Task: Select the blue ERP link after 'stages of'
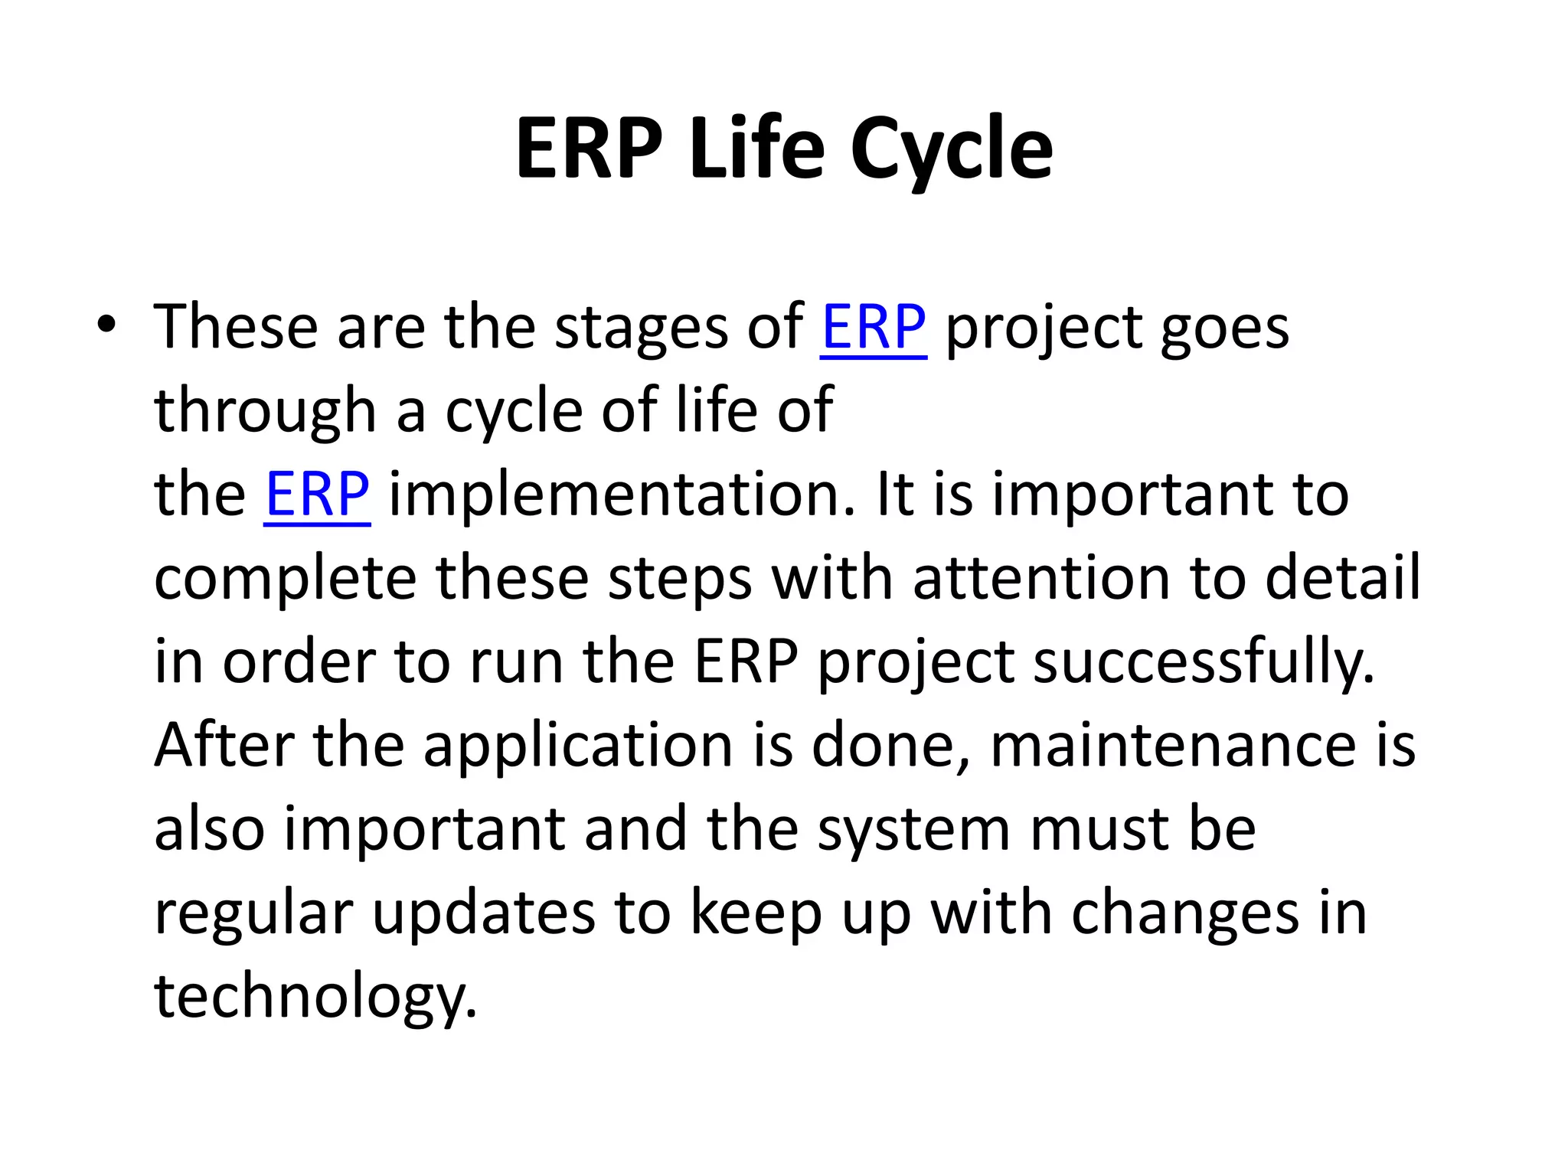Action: [873, 328]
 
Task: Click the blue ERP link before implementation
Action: [317, 495]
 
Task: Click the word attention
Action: [1041, 578]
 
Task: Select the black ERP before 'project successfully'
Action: [746, 662]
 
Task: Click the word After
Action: [224, 745]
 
